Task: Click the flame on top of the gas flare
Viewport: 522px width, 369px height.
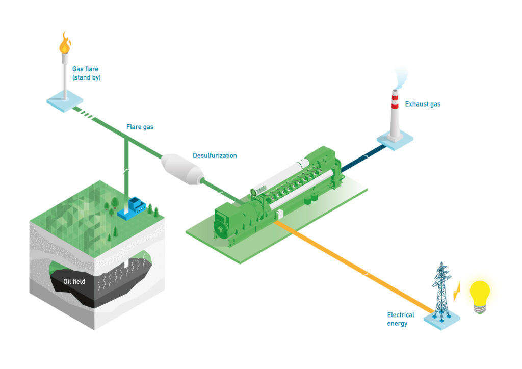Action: click(64, 43)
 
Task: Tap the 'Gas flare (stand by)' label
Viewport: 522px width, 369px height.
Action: click(86, 73)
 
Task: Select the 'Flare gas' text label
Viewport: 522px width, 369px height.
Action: click(140, 127)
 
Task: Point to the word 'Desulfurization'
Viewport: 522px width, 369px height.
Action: click(215, 155)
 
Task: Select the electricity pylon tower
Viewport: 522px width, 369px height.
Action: click(441, 291)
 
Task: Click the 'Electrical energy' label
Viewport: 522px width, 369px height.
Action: click(401, 319)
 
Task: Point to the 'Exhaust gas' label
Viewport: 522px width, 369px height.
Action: click(423, 104)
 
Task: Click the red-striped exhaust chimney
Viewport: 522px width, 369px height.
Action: click(395, 115)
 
